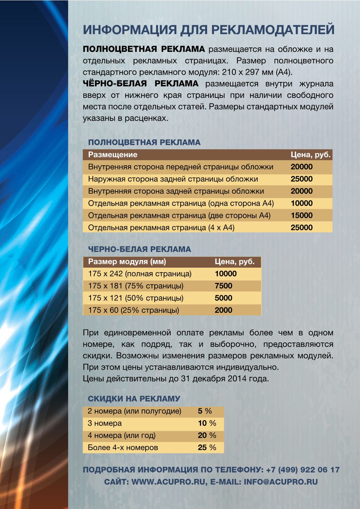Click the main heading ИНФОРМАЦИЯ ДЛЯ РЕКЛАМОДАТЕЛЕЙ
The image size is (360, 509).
tap(209, 30)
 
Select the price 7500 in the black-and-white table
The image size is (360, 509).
tap(223, 286)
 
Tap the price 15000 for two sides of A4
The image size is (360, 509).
tap(302, 215)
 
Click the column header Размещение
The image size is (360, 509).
tap(113, 155)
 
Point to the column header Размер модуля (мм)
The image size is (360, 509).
tap(127, 262)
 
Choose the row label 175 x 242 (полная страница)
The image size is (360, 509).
tap(140, 274)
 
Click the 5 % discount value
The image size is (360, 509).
tap(205, 411)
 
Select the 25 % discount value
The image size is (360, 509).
tap(207, 447)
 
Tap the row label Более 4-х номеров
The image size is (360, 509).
tap(123, 447)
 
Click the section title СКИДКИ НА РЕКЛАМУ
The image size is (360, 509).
tap(134, 399)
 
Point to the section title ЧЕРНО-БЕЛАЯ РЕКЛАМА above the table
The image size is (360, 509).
tap(139, 249)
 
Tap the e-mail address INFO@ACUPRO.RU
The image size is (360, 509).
tap(280, 482)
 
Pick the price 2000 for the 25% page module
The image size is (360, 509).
tap(223, 310)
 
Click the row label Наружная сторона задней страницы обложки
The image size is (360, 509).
tap(173, 179)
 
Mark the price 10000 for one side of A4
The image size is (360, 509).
tap(302, 203)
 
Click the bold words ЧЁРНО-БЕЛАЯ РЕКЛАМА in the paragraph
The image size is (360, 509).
tap(141, 84)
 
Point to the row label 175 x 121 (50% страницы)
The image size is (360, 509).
tap(136, 298)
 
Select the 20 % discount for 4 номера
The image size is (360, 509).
tap(207, 435)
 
